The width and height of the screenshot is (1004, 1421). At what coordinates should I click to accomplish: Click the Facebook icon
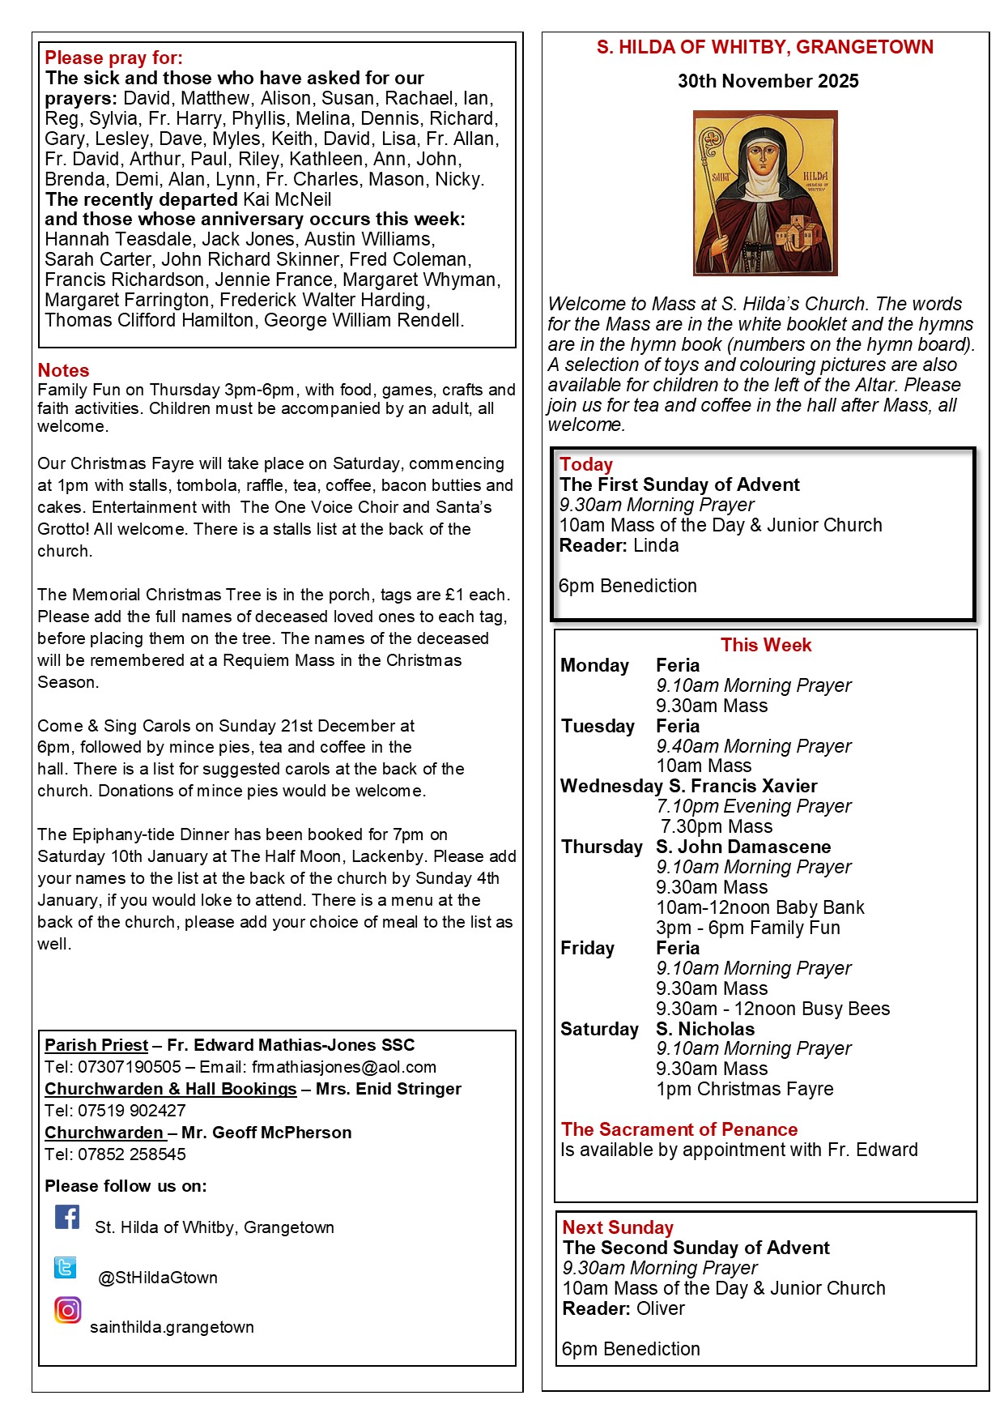(x=67, y=1217)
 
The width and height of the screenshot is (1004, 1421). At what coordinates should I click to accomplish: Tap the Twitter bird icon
(x=66, y=1267)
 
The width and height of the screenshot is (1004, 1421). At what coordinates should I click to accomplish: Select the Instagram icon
(x=68, y=1310)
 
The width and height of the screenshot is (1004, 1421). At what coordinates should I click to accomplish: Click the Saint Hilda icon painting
(x=765, y=193)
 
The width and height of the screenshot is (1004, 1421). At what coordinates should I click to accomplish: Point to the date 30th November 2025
(x=768, y=81)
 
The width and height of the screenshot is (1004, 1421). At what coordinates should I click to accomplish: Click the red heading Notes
(x=63, y=370)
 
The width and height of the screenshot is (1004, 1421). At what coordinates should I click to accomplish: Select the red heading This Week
(x=765, y=645)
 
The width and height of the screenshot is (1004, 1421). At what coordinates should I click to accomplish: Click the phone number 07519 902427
(x=132, y=1111)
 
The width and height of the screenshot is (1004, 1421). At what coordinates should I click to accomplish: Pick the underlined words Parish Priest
(x=96, y=1045)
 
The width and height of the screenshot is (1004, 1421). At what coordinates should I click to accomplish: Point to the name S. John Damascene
(x=743, y=847)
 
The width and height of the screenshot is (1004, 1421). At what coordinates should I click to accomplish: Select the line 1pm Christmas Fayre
(x=744, y=1089)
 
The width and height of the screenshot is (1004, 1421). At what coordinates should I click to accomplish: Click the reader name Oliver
(x=660, y=1308)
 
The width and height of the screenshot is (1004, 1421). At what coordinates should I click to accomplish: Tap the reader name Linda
(x=656, y=545)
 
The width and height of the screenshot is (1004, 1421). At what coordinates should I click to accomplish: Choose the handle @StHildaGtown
(x=157, y=1278)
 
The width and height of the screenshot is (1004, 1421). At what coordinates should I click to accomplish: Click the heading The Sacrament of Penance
(x=679, y=1129)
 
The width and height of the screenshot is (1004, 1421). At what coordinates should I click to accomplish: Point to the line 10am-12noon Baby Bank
(x=759, y=907)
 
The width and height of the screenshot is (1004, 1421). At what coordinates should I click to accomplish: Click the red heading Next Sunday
(x=618, y=1227)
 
